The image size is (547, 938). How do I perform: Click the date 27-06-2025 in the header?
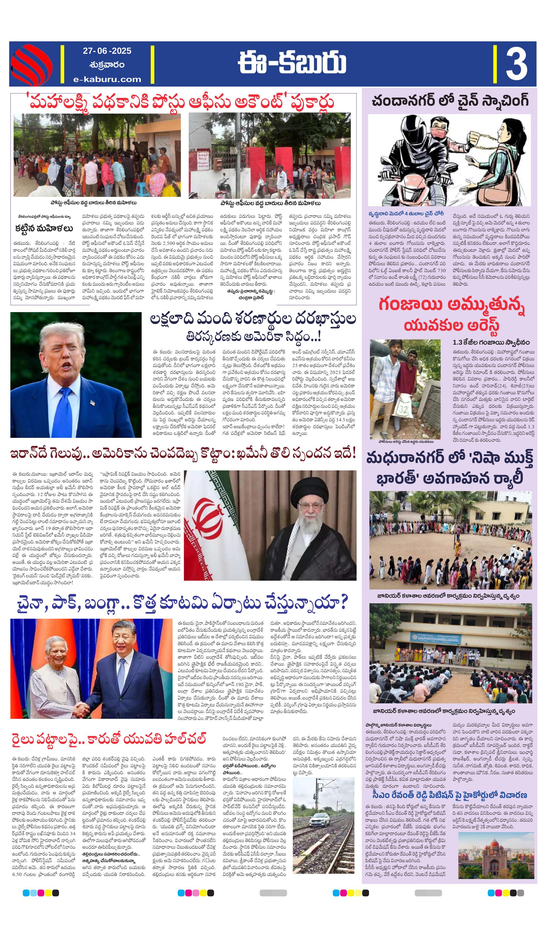[107, 51]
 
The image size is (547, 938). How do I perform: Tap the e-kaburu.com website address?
[107, 79]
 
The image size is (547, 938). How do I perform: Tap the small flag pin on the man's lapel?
[92, 402]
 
